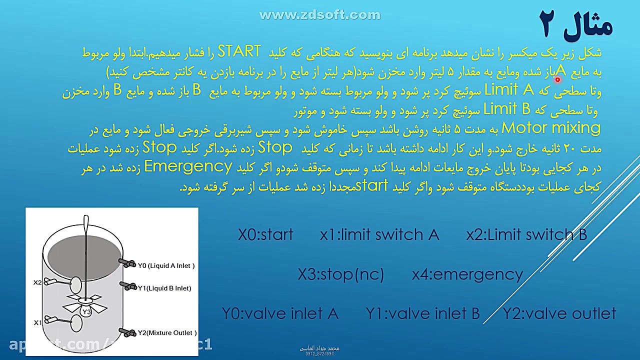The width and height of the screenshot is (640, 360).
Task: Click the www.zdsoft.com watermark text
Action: coord(320,15)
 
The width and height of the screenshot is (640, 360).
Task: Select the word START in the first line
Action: coord(239,51)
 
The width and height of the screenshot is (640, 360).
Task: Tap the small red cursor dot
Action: coord(557,79)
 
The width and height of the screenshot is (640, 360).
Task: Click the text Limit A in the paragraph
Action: coord(509,90)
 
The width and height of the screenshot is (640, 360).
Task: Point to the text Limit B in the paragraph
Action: coord(506,108)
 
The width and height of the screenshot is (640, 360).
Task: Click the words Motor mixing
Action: coord(550,128)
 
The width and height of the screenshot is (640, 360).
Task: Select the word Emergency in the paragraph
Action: coord(188,166)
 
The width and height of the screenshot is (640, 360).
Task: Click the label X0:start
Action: coord(265,234)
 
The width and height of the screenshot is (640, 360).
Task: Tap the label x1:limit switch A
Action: coord(379,234)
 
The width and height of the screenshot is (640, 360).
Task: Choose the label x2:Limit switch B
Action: coord(526,234)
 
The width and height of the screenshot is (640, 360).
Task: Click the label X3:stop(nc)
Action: coord(340,274)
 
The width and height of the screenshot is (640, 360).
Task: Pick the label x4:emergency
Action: coord(467,274)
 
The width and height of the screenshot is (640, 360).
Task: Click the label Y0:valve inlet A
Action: coord(280,313)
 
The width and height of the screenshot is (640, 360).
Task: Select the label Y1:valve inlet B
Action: coord(422,313)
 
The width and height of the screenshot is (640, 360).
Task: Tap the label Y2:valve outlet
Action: coord(559,313)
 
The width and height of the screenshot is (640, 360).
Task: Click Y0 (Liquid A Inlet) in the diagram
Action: coord(165,265)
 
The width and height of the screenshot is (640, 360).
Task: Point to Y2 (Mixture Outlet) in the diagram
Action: coord(166,332)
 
